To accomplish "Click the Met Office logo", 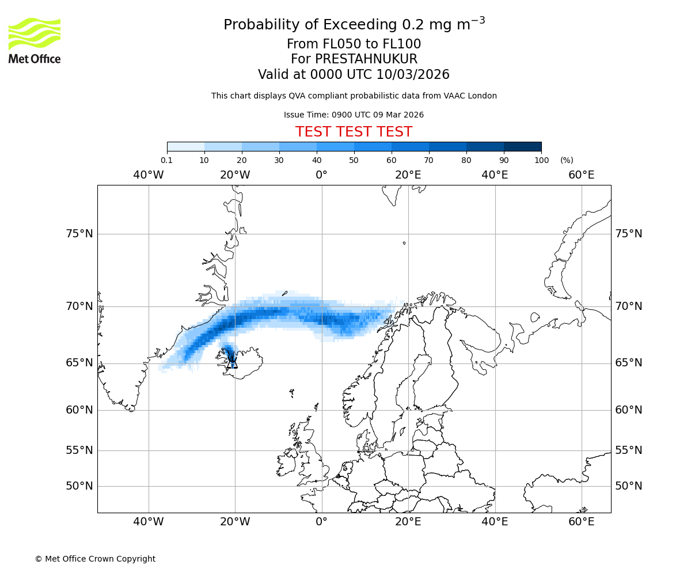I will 35,40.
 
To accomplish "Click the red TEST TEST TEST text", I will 354,132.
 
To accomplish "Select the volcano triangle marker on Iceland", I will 232,363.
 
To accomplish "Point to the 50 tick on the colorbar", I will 354,160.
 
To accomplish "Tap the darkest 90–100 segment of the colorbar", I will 522,146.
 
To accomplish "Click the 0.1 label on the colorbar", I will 167,160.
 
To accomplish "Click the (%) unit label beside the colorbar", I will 567,160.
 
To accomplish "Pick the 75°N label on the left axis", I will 79,234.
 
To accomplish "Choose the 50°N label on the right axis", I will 628,486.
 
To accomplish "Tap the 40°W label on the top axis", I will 149,175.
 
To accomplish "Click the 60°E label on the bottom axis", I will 582,522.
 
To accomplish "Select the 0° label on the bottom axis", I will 322,522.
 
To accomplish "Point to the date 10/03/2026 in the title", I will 413,75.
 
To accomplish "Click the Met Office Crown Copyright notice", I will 95,559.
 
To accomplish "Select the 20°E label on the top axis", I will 408,175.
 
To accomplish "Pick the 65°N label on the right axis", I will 628,363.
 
